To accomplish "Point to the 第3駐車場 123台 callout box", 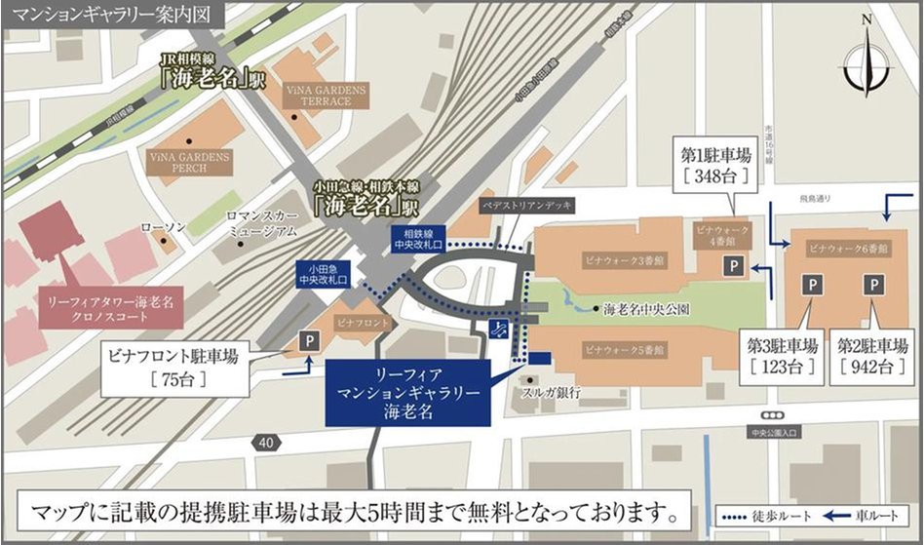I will [x=781, y=356].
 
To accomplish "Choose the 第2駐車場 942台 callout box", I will [x=873, y=356].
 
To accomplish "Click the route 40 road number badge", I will [x=265, y=443].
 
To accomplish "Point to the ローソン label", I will [x=157, y=226].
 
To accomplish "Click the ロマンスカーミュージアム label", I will [x=262, y=225].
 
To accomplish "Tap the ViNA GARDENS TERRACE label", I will [x=327, y=95].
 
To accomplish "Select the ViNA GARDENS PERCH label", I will [x=190, y=162].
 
